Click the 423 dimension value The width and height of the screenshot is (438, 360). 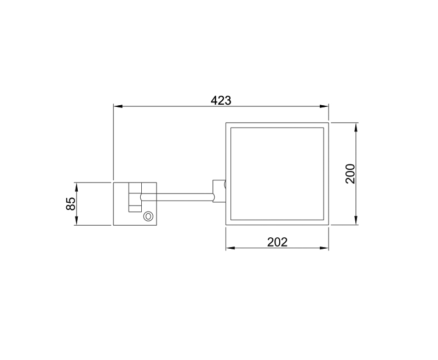221,101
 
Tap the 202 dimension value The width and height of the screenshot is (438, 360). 277,242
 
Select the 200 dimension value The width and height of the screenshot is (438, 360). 350,174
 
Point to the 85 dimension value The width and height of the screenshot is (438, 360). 71,204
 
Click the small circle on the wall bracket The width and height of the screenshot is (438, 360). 148,216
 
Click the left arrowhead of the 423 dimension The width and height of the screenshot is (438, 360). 118,106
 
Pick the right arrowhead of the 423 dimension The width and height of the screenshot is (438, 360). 324,106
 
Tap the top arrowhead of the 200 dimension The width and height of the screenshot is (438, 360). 356,128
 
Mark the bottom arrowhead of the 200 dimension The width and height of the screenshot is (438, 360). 356,220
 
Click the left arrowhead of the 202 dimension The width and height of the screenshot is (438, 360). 230,248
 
